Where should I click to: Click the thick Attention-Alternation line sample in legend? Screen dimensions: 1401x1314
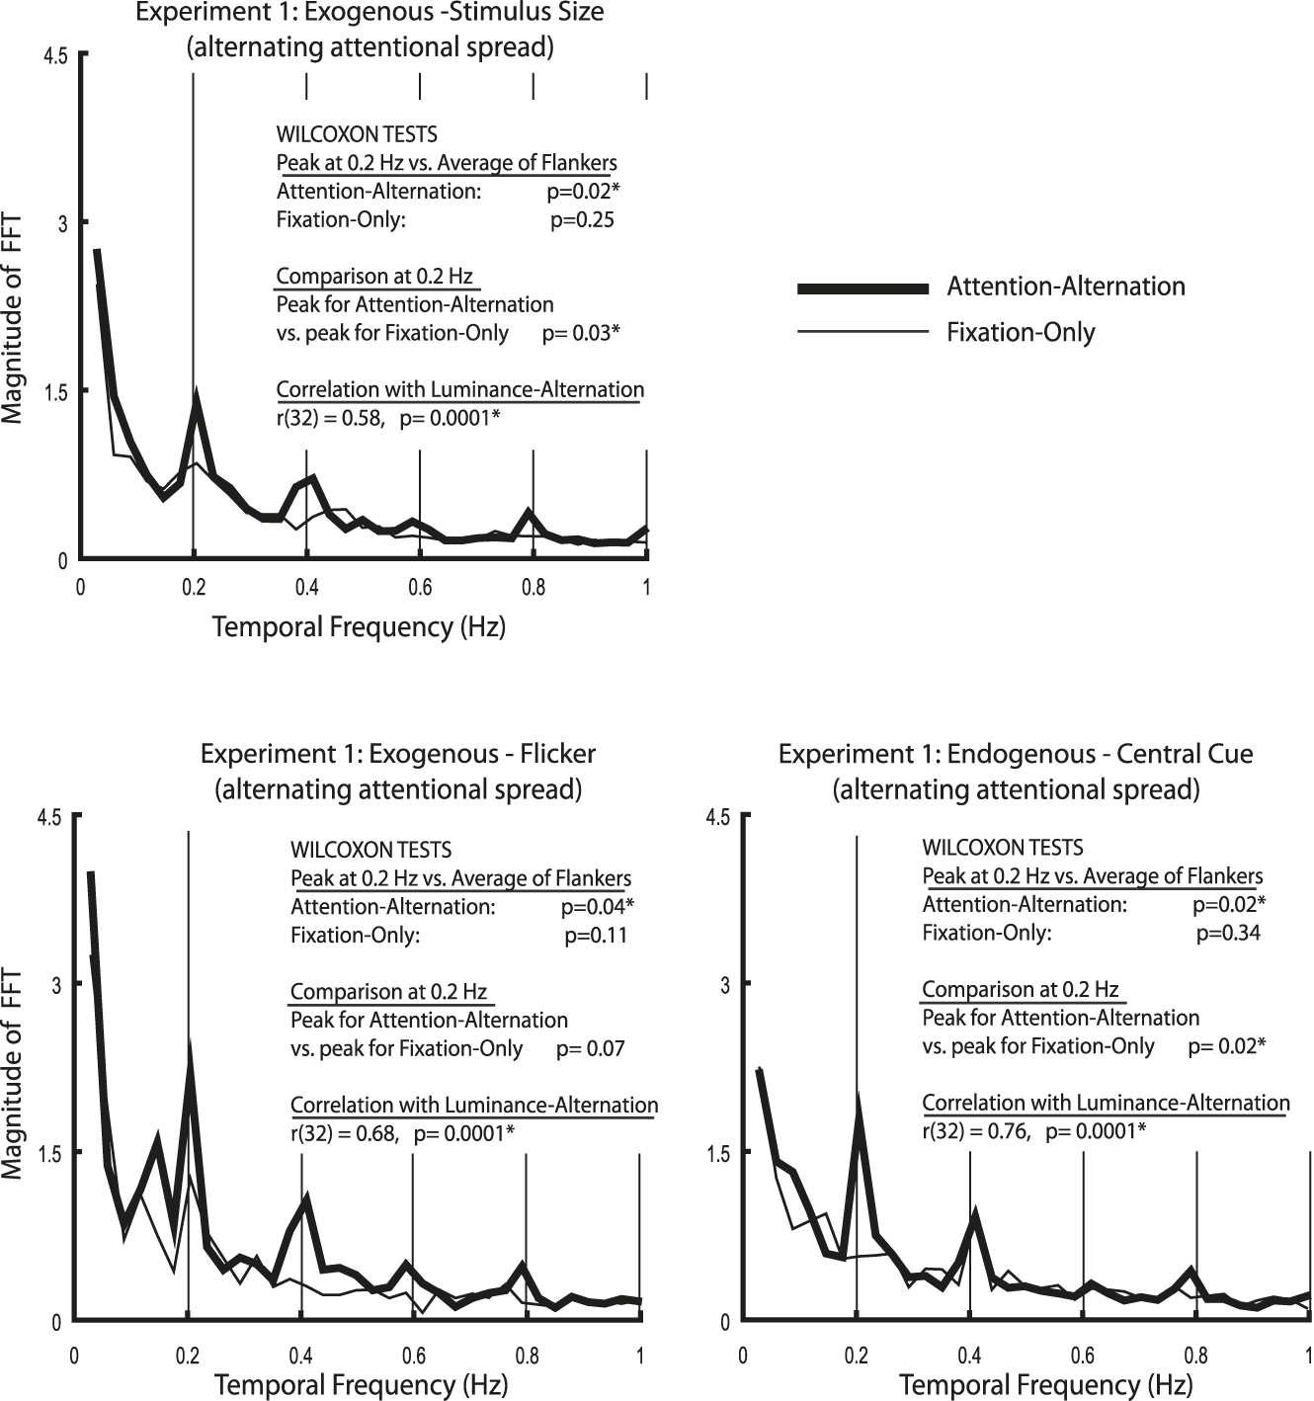coord(862,288)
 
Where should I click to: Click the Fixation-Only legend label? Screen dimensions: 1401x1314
coord(1021,332)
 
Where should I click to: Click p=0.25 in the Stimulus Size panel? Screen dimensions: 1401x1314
coord(582,219)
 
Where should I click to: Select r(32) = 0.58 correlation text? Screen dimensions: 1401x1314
coord(330,418)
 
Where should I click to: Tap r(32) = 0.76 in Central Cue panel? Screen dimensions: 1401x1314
coord(976,1131)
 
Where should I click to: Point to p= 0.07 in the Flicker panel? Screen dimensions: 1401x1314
coord(590,1048)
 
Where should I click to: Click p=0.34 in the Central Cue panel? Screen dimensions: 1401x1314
coord(1228,932)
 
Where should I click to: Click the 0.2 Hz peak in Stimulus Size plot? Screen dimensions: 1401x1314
coord(198,398)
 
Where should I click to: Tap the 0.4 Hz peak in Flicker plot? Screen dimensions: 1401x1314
coord(307,1200)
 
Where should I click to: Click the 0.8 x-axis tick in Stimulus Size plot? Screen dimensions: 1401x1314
coord(534,588)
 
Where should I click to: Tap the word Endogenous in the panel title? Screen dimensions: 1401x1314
coord(1003,755)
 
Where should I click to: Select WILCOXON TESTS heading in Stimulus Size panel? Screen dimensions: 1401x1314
coord(357,134)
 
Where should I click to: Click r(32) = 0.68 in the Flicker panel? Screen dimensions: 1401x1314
coord(344,1133)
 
